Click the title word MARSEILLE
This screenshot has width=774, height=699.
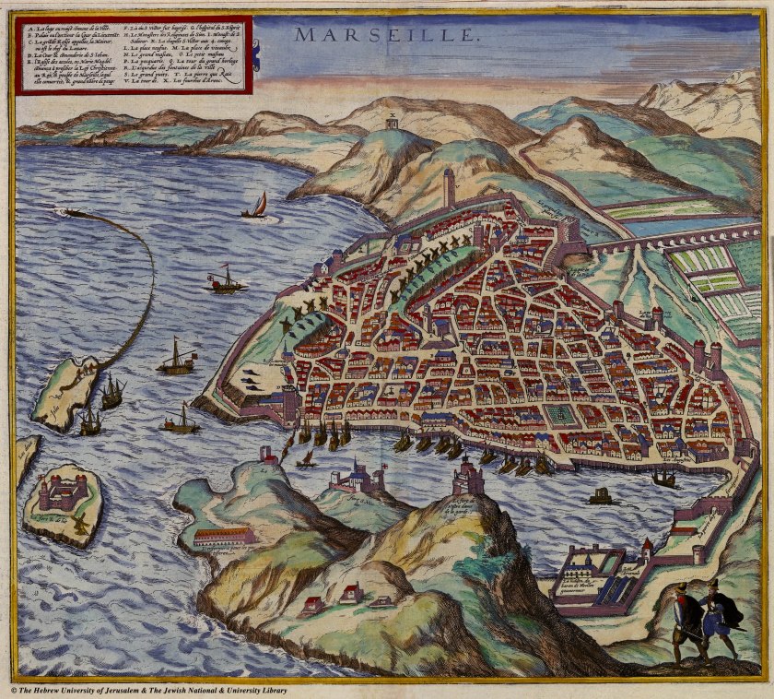(387, 35)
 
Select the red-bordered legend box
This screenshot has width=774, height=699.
(133, 54)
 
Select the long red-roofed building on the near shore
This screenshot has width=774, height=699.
(223, 536)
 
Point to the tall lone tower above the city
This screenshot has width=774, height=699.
(449, 187)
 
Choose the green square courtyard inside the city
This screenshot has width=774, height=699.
(558, 414)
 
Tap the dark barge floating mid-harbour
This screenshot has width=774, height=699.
(601, 497)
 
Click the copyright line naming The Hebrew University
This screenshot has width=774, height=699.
(147, 690)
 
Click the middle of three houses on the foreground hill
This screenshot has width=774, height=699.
(351, 594)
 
